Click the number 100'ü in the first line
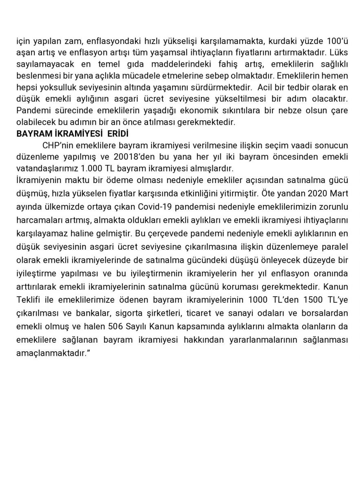click(x=337, y=41)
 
